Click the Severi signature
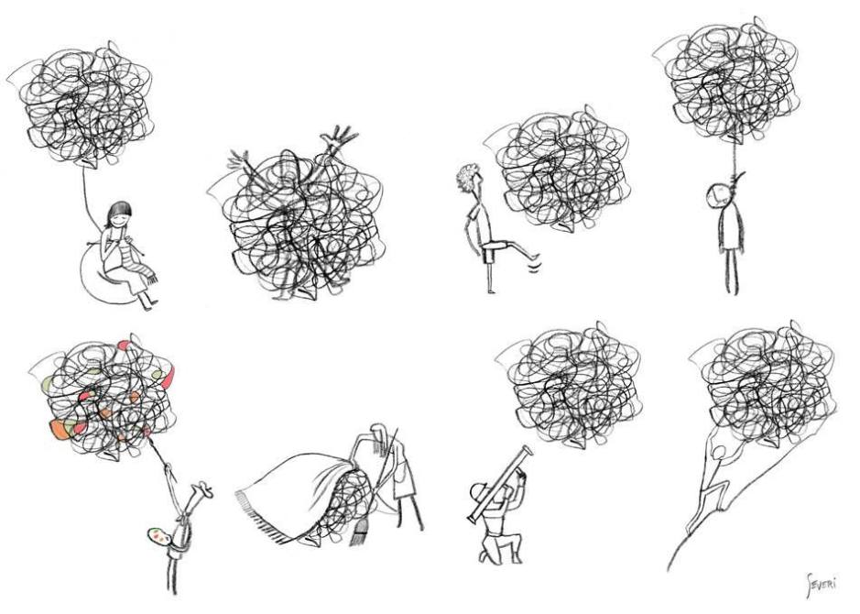(x=822, y=583)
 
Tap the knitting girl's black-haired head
(x=119, y=214)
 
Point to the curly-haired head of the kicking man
(x=469, y=177)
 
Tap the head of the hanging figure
(x=718, y=194)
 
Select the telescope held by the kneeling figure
(x=499, y=483)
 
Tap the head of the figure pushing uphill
(x=717, y=452)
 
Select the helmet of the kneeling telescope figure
(x=482, y=490)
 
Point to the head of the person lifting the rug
(x=379, y=432)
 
